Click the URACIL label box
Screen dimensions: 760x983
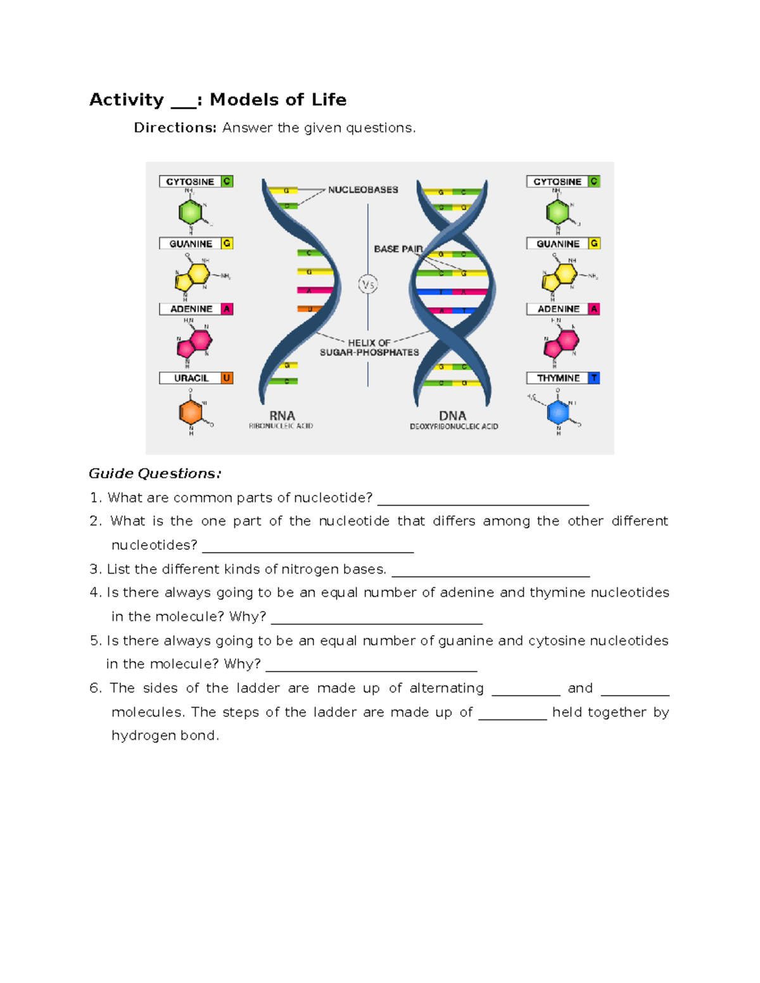point(191,378)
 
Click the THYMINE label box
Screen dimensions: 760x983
point(558,378)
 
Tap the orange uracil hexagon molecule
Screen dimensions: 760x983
point(191,412)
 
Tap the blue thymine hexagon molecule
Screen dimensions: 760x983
point(558,413)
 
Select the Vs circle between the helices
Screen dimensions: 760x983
point(368,285)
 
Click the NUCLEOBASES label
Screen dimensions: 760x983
point(363,189)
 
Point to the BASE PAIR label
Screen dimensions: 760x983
point(398,249)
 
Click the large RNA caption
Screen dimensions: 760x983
point(282,416)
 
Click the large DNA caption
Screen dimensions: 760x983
point(453,416)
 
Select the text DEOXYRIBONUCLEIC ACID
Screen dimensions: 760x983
point(453,427)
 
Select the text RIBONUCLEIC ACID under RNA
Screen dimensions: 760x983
point(281,426)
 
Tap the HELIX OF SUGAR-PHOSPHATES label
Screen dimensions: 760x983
point(369,347)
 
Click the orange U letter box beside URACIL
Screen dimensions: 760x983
point(227,378)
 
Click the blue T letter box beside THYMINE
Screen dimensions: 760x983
point(594,378)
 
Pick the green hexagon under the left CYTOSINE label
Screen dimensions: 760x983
point(191,211)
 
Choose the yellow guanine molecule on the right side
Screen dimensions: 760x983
point(560,275)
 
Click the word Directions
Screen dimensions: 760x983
point(175,128)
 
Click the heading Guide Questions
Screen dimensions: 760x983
point(155,473)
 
